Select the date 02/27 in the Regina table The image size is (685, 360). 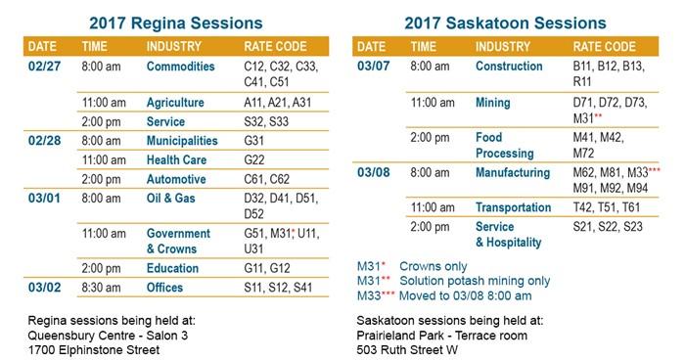[45, 67]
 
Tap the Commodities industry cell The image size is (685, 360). [180, 67]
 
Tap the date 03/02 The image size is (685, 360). [45, 289]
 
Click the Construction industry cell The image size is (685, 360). [509, 67]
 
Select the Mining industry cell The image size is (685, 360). [493, 102]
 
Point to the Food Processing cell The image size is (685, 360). [505, 146]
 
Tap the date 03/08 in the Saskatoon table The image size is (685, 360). [373, 173]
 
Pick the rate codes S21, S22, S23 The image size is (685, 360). [608, 226]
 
